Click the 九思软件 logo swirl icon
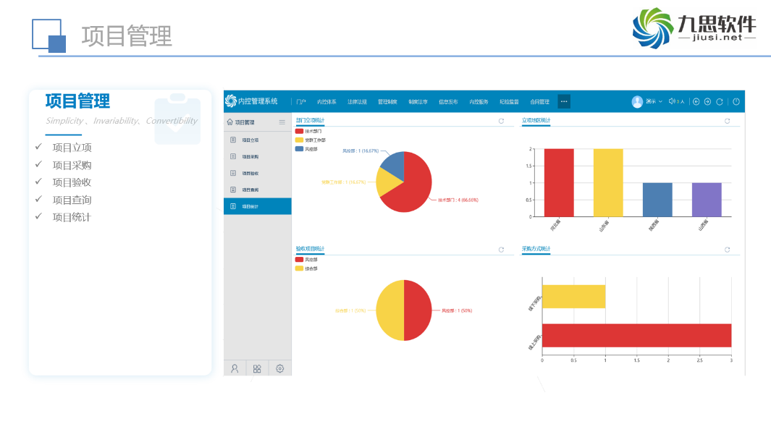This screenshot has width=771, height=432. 652,28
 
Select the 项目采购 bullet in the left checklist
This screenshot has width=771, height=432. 72,165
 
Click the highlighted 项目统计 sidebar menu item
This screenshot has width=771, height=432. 257,206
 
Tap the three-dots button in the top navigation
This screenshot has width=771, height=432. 564,102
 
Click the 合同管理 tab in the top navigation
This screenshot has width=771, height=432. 539,102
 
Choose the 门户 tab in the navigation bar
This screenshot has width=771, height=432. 301,102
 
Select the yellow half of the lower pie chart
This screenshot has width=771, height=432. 389,310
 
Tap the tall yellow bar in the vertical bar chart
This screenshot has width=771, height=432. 608,182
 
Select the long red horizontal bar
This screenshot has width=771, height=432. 636,335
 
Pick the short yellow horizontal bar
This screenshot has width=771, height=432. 573,297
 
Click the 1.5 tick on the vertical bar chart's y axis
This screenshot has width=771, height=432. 531,166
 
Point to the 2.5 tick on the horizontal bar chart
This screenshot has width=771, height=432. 699,360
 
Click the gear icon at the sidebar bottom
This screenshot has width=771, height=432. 279,368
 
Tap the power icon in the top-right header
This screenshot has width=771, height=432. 736,102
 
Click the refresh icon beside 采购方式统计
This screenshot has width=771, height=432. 728,250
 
